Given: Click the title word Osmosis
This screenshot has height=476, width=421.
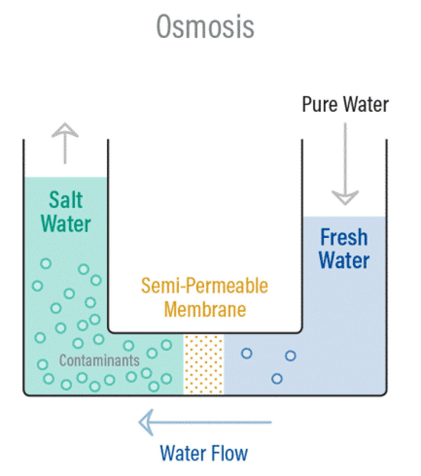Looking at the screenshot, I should [205, 27].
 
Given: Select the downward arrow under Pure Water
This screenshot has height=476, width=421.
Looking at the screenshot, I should [345, 165].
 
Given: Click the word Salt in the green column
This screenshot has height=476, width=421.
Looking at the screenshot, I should [66, 200].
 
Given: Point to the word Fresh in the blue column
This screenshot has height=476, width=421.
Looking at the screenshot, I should [344, 237].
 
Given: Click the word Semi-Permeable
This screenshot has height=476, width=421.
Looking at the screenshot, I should [205, 286].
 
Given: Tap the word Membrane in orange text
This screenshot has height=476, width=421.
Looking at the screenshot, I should [205, 309].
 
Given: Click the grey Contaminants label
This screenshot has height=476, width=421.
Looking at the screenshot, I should [99, 360].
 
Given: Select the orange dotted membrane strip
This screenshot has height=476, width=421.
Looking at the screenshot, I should [203, 365].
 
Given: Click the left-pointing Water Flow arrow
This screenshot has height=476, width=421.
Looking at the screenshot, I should [205, 422].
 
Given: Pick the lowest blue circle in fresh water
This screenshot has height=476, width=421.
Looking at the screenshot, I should [277, 379].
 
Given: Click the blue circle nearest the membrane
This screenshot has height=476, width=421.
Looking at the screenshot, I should [247, 353].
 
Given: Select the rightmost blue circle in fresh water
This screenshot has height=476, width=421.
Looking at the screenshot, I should [290, 356].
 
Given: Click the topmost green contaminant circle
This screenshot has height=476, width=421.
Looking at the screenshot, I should [46, 263].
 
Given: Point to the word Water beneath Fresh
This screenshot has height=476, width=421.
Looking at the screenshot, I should [344, 260].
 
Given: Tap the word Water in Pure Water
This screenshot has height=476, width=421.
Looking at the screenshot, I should [366, 104].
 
